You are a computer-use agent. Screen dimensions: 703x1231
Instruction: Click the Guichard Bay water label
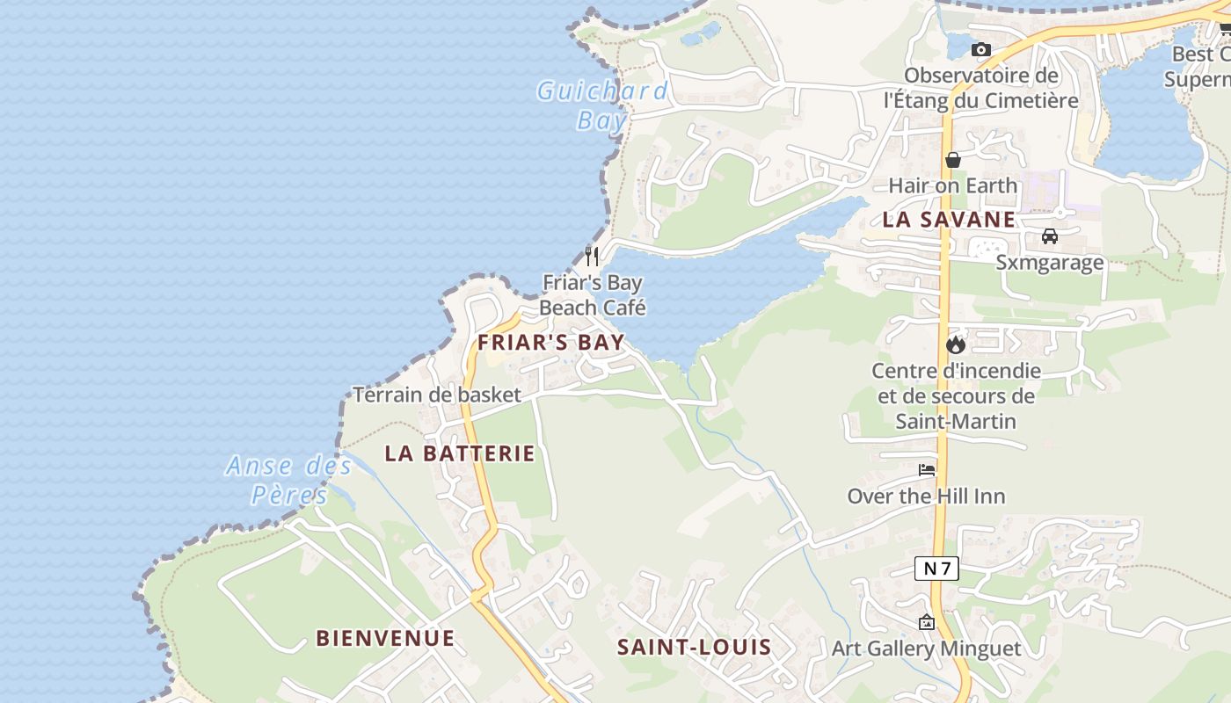point(602,105)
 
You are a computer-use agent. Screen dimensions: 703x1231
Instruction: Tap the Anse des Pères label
point(289,480)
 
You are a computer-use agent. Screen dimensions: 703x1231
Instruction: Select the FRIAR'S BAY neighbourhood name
point(550,342)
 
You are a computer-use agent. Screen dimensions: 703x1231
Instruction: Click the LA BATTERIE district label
point(460,453)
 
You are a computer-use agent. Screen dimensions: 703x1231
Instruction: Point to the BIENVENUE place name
point(385,638)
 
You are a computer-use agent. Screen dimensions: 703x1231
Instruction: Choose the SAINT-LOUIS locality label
point(694,648)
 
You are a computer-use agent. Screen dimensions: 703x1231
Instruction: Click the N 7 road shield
point(936,569)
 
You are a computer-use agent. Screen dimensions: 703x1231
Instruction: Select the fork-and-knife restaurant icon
point(593,256)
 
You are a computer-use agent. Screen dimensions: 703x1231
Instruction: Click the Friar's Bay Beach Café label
point(593,295)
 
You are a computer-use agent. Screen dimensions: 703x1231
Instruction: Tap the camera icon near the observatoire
point(980,50)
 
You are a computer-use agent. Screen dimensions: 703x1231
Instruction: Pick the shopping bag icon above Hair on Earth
point(952,160)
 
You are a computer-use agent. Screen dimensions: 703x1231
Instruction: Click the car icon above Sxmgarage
point(1049,236)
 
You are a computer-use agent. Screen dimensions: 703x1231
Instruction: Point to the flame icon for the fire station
point(956,344)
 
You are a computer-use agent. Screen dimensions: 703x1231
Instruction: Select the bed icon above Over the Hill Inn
point(927,470)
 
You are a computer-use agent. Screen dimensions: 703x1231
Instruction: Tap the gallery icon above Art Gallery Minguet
point(926,622)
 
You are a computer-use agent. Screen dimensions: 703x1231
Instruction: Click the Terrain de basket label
point(437,395)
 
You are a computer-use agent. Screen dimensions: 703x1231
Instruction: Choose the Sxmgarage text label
point(1049,263)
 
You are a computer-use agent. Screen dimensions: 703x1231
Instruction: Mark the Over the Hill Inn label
point(926,496)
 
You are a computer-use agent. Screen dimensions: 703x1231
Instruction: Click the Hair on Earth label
point(952,185)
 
